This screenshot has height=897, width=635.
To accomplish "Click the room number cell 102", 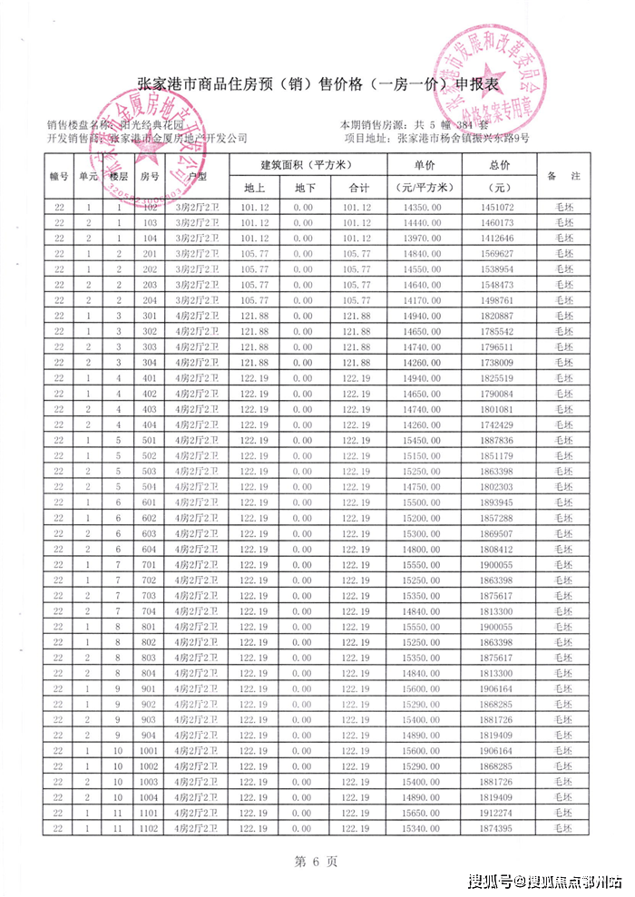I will pyautogui.click(x=150, y=208).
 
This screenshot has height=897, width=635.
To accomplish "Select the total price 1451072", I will pyautogui.click(x=498, y=208).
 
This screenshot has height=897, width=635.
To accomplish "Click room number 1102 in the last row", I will pyautogui.click(x=150, y=828).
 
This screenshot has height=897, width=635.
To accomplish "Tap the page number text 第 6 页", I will pyautogui.click(x=317, y=861).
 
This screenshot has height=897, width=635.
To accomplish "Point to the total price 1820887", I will pyautogui.click(x=498, y=315).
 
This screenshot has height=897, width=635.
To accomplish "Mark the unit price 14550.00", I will pyautogui.click(x=424, y=269).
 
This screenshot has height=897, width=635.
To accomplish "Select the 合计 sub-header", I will pyautogui.click(x=357, y=188).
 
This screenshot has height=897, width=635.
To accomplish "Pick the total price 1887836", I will pyautogui.click(x=498, y=439).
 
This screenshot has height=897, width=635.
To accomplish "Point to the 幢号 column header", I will pyautogui.click(x=59, y=177).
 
